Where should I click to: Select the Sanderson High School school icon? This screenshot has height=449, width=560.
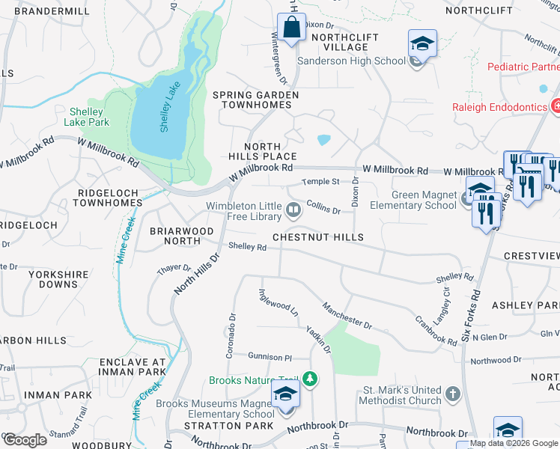coord(422,44)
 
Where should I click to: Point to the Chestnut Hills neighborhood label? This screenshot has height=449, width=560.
coord(317,237)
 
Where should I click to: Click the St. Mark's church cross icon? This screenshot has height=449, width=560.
coord(452,394)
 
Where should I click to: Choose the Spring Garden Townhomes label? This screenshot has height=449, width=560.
coord(256,100)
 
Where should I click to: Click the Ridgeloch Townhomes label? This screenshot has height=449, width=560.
coord(110,198)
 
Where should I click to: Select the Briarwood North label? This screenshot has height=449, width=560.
coord(174,236)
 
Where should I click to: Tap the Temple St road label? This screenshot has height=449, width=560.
coord(320,182)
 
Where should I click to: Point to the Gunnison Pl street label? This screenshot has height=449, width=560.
coord(270,358)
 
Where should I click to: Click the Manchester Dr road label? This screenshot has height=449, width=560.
coord(347,315)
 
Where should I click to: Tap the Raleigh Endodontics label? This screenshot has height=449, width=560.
coord(499,107)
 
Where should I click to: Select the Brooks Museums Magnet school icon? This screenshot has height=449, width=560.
coord(285,394)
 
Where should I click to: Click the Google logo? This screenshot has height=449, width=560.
coord(25,440)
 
